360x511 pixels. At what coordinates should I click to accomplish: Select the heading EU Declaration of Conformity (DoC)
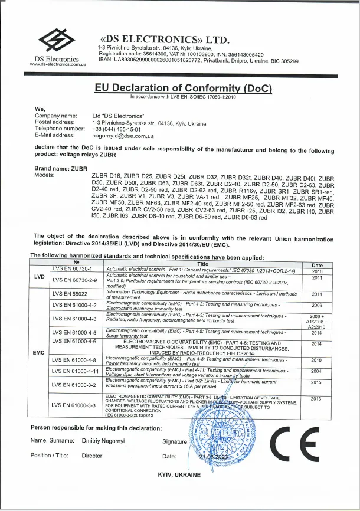183,87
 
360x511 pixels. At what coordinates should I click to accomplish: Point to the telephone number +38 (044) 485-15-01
116,129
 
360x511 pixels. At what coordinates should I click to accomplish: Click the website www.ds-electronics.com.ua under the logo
55,64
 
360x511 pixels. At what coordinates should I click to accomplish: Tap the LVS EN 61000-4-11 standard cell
74,371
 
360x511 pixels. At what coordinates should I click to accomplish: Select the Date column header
317,265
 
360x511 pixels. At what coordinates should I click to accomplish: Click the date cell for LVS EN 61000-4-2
317,305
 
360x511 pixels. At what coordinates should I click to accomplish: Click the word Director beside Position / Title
92,456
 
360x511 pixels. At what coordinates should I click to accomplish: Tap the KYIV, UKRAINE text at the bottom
180,474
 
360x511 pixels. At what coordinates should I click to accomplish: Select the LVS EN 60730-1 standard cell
68,270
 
